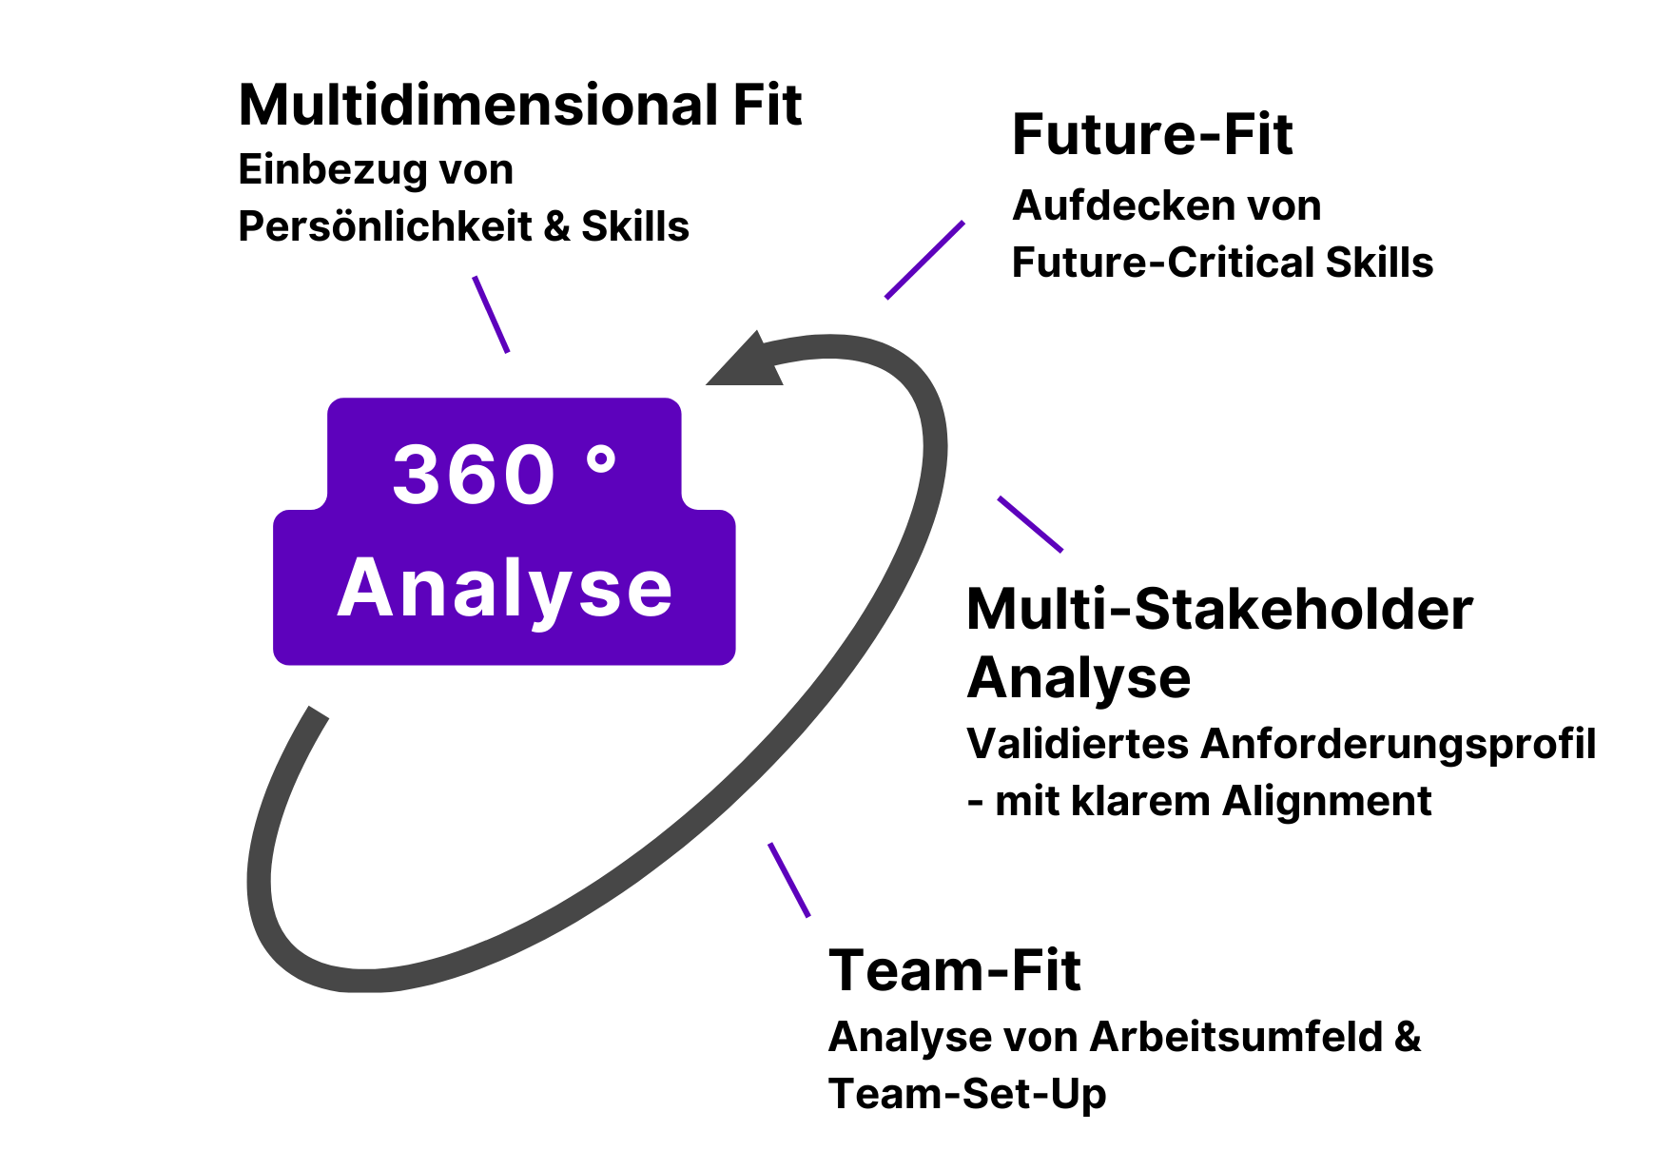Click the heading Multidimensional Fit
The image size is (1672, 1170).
tap(519, 105)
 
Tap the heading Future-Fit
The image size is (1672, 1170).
tap(1152, 134)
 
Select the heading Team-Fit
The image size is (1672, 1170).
tap(954, 970)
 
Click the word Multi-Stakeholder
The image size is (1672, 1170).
tap(1219, 609)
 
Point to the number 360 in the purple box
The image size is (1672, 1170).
tap(474, 475)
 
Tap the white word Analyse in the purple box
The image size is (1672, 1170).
tap(505, 590)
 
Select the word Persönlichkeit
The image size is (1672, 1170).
tap(384, 226)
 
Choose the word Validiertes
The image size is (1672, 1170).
tap(1077, 744)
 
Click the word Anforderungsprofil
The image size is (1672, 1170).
tap(1398, 744)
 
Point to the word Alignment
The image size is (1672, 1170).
tap(1327, 801)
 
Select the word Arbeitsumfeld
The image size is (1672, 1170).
tap(1236, 1037)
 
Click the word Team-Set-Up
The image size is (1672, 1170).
tap(967, 1094)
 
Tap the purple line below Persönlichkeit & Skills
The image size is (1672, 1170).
tap(491, 314)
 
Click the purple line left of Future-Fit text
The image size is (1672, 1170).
tap(924, 260)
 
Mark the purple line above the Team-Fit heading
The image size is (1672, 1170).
tap(788, 879)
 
